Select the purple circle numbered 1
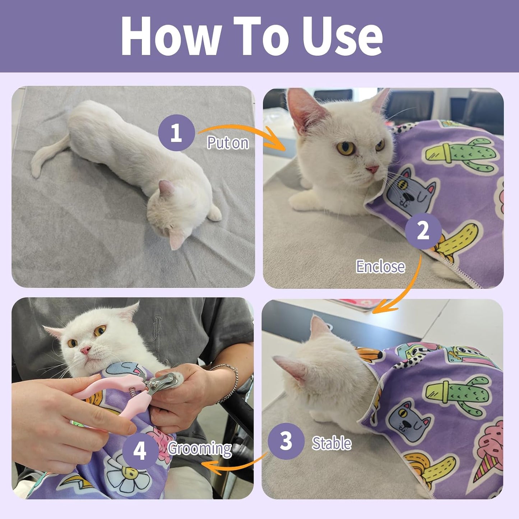pos(176,133)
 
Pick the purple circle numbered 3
pos(286,441)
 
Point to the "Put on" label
pos(228,143)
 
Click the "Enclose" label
pos(380,267)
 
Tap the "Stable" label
pos(332,443)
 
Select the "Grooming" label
pos(200,449)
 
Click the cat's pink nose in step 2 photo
pos(372,169)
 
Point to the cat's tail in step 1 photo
pos(47,158)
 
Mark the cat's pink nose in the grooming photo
pos(85,350)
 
